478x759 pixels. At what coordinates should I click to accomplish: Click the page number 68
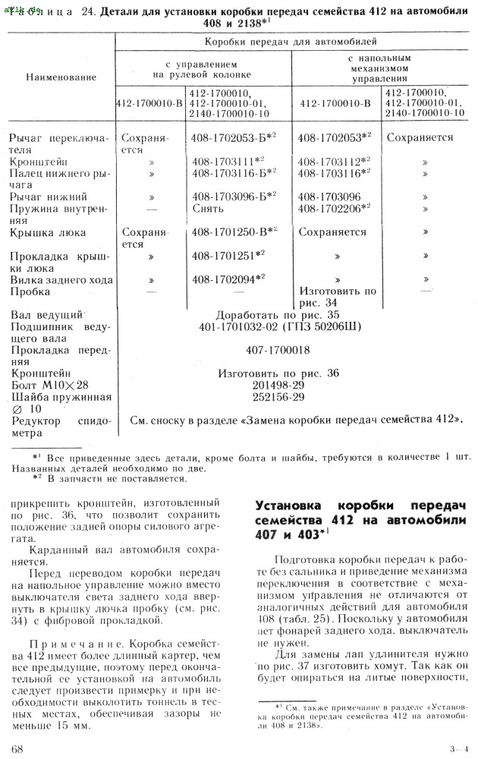click(18, 748)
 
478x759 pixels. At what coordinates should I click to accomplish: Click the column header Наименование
click(61, 77)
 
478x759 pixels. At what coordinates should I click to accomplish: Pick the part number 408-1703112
click(331, 162)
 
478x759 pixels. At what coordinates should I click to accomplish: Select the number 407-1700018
click(278, 351)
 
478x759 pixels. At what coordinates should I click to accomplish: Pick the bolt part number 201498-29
click(278, 385)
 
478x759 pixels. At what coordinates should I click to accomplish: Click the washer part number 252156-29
click(278, 396)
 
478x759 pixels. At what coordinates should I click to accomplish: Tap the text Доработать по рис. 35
click(278, 314)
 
